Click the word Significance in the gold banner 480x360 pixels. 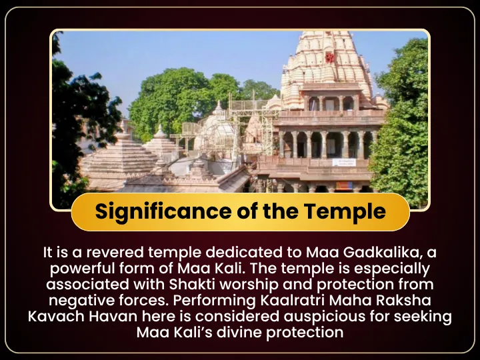pos(163,212)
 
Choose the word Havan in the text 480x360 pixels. pos(113,316)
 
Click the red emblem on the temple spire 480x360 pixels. pos(330,57)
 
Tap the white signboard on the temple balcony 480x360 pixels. pos(344,162)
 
